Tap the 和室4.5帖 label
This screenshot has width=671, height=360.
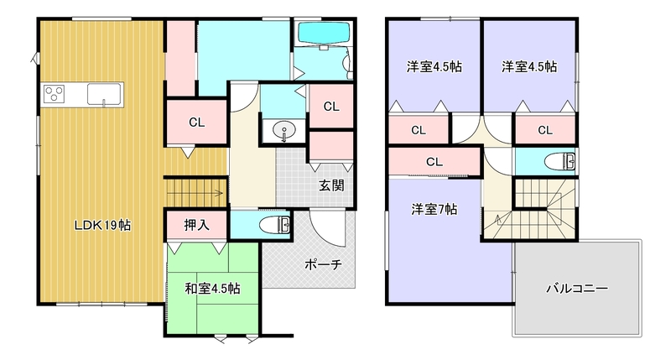[x=213, y=289]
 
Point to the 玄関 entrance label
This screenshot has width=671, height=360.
[x=330, y=186]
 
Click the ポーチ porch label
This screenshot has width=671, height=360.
[x=323, y=264]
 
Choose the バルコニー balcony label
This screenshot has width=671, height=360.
[x=576, y=288]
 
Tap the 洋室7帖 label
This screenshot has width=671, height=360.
[x=434, y=210]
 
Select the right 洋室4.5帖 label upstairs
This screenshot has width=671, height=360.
[x=530, y=67]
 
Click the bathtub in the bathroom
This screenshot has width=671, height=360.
[x=324, y=34]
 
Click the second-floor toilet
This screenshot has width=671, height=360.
[x=557, y=160]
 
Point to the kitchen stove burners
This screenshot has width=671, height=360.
[x=55, y=92]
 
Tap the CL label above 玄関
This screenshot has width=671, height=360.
[x=331, y=107]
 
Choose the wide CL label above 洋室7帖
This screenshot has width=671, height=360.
[x=434, y=161]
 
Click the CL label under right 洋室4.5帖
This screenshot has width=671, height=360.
[x=545, y=130]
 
